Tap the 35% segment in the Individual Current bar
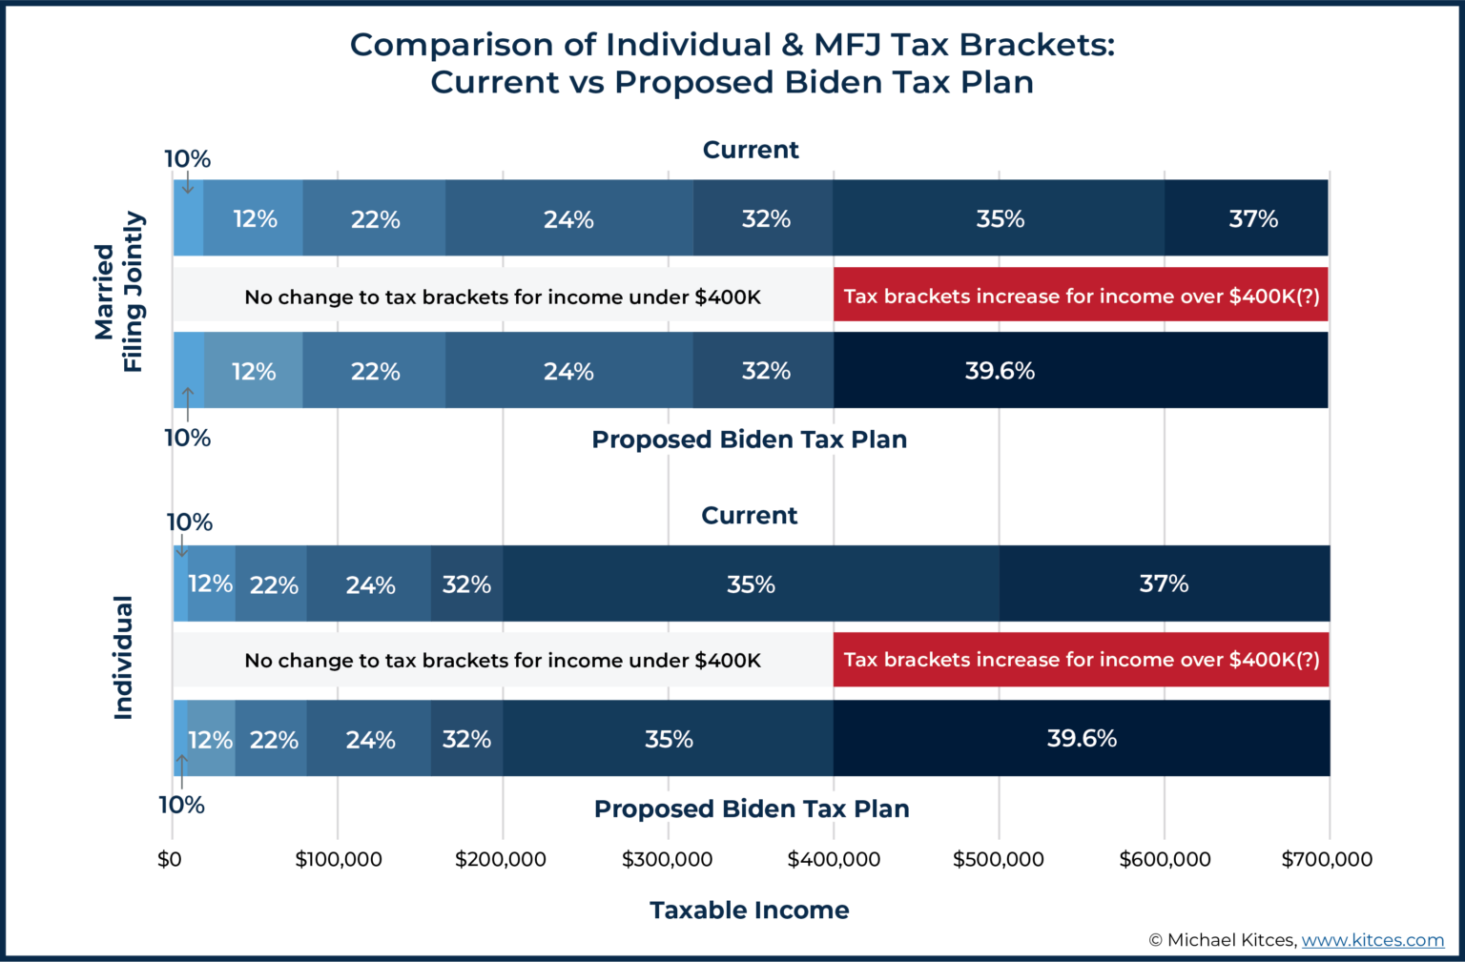pyautogui.click(x=751, y=583)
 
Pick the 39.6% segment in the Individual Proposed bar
pyautogui.click(x=1081, y=738)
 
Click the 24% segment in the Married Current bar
pyautogui.click(x=568, y=219)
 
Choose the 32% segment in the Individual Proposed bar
pyautogui.click(x=466, y=739)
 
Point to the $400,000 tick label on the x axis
pyautogui.click(x=834, y=859)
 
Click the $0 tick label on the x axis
pyautogui.click(x=170, y=859)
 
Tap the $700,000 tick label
pyautogui.click(x=1327, y=859)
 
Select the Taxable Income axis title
pyautogui.click(x=750, y=910)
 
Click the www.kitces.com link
pyautogui.click(x=1372, y=940)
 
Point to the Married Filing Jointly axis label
pyautogui.click(x=118, y=292)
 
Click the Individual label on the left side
pyautogui.click(x=123, y=658)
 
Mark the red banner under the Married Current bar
pyautogui.click(x=1081, y=296)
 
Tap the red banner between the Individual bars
pyautogui.click(x=1081, y=660)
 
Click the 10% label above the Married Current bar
pyautogui.click(x=187, y=159)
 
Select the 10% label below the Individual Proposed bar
pyautogui.click(x=181, y=805)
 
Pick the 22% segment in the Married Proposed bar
pyautogui.click(x=374, y=371)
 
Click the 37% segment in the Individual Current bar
pyautogui.click(x=1164, y=583)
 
